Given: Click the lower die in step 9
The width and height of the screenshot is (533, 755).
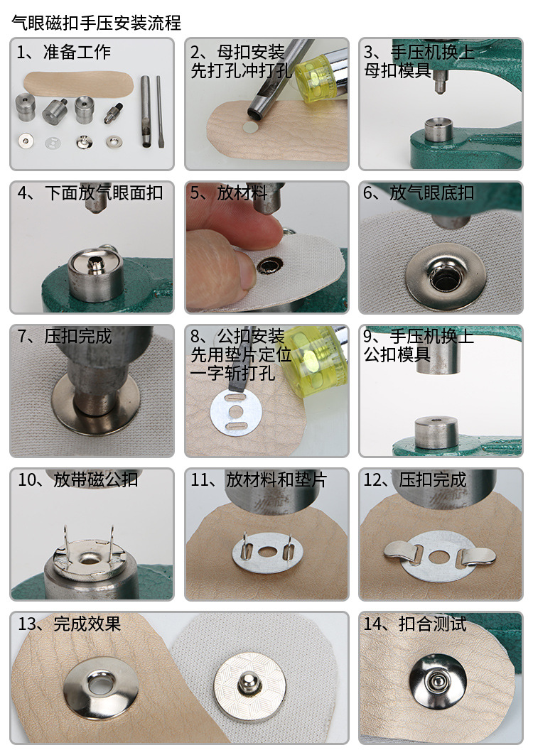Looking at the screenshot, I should tap(436, 432).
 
